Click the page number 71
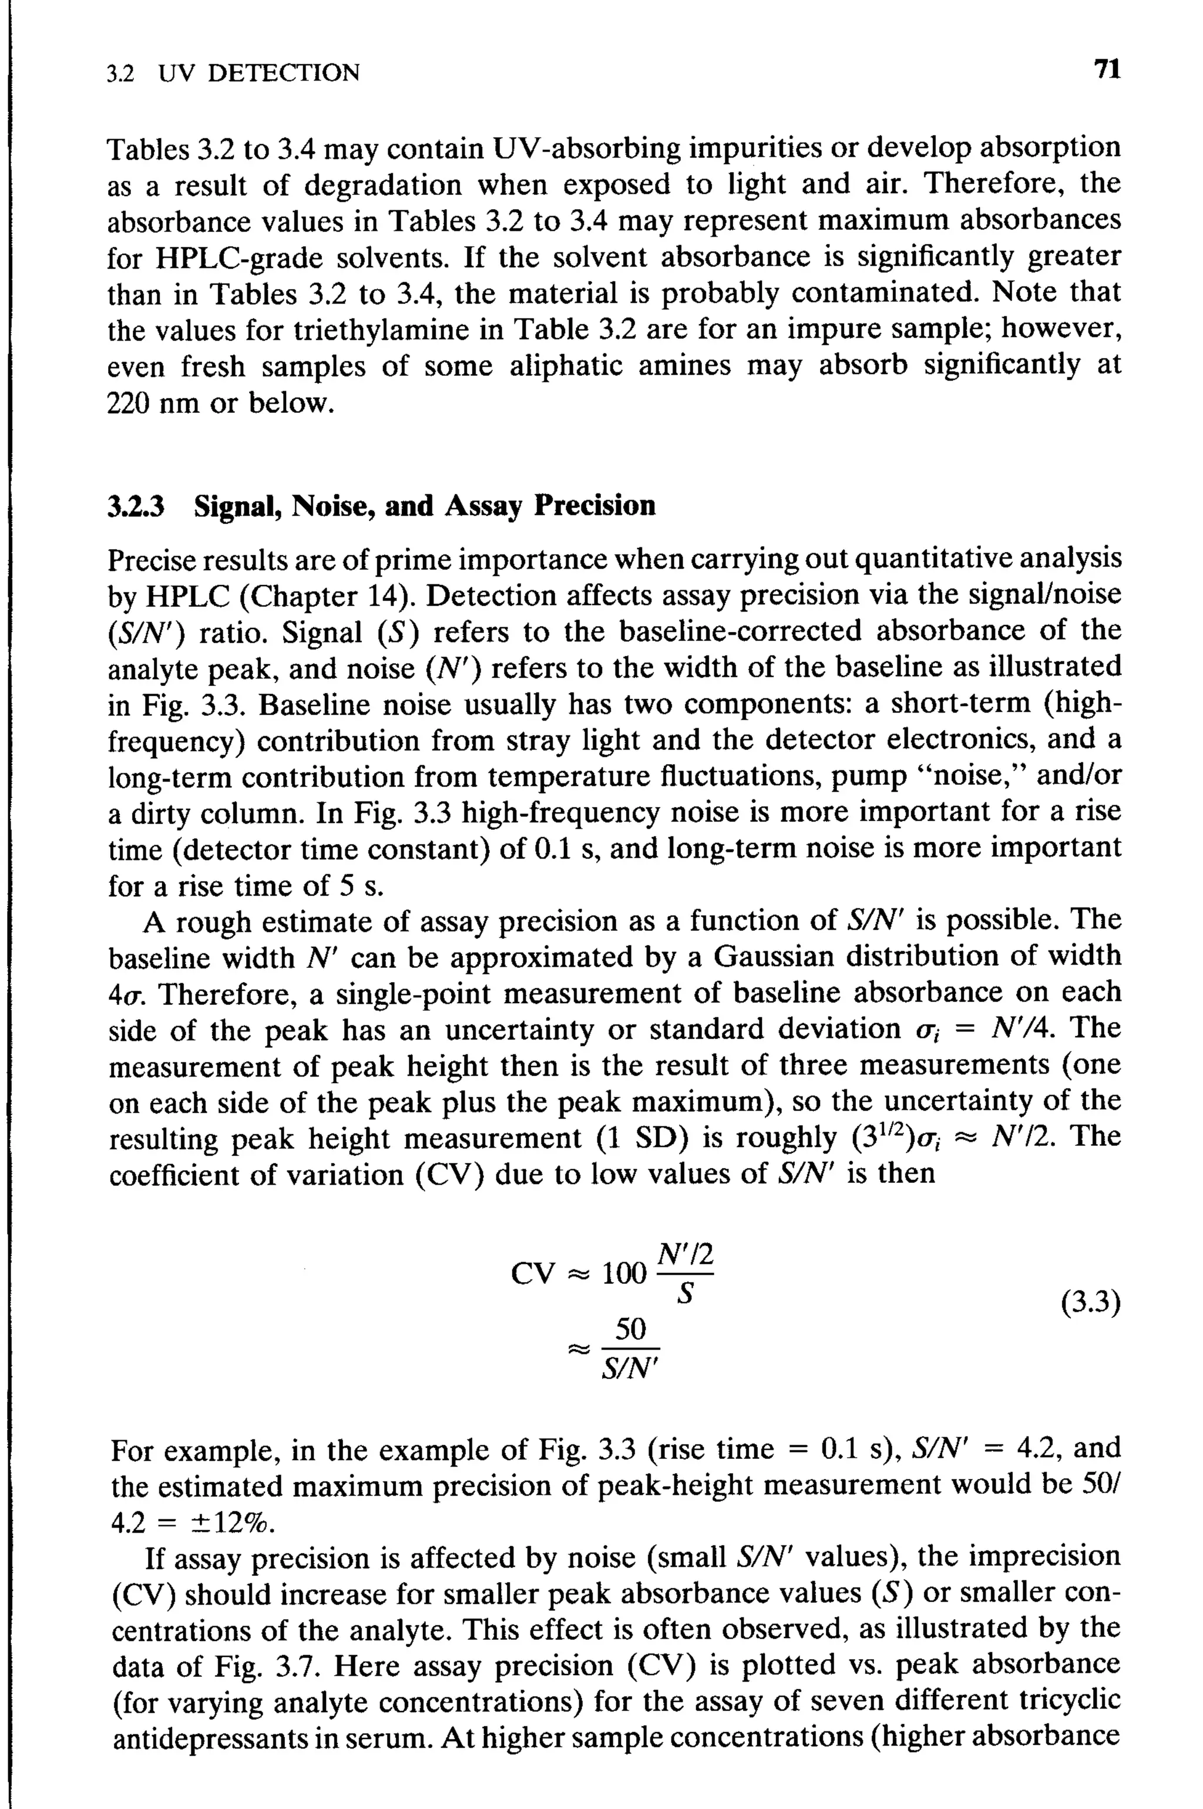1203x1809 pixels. coord(1107,70)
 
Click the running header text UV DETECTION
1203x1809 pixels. coord(258,73)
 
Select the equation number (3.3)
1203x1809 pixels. coord(1090,1303)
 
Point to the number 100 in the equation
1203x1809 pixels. coord(624,1275)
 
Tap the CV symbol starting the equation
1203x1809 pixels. coord(532,1275)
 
